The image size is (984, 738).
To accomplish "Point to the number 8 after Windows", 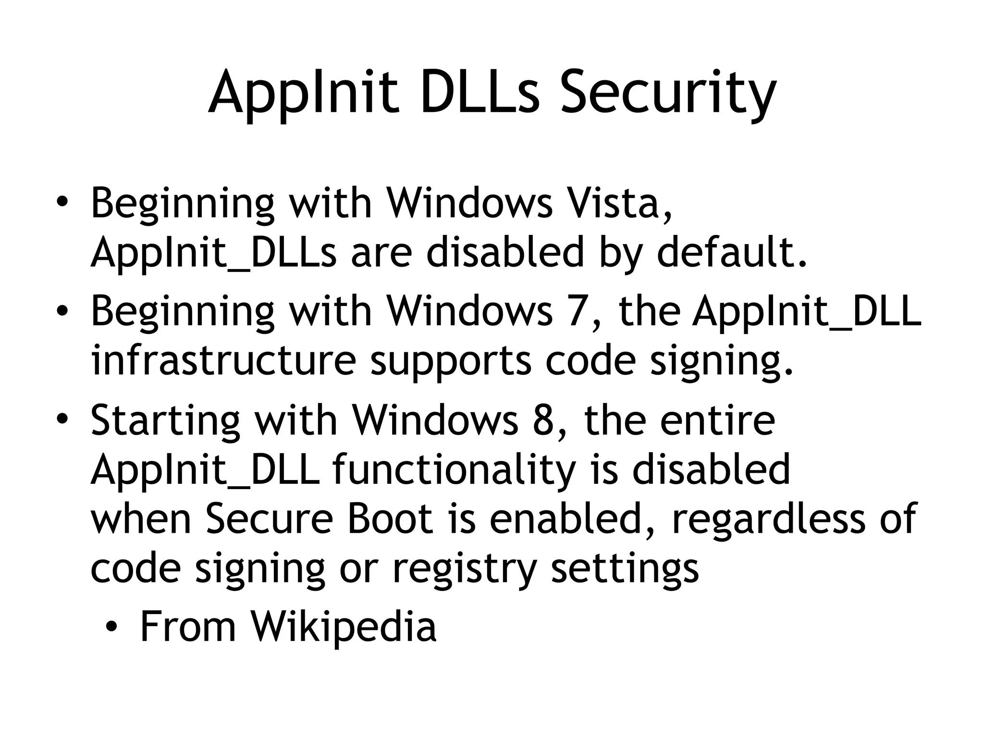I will click(543, 420).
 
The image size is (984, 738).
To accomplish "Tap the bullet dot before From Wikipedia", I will click(112, 627).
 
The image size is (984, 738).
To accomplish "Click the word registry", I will click(464, 569).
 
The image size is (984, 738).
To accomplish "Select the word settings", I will click(625, 569).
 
